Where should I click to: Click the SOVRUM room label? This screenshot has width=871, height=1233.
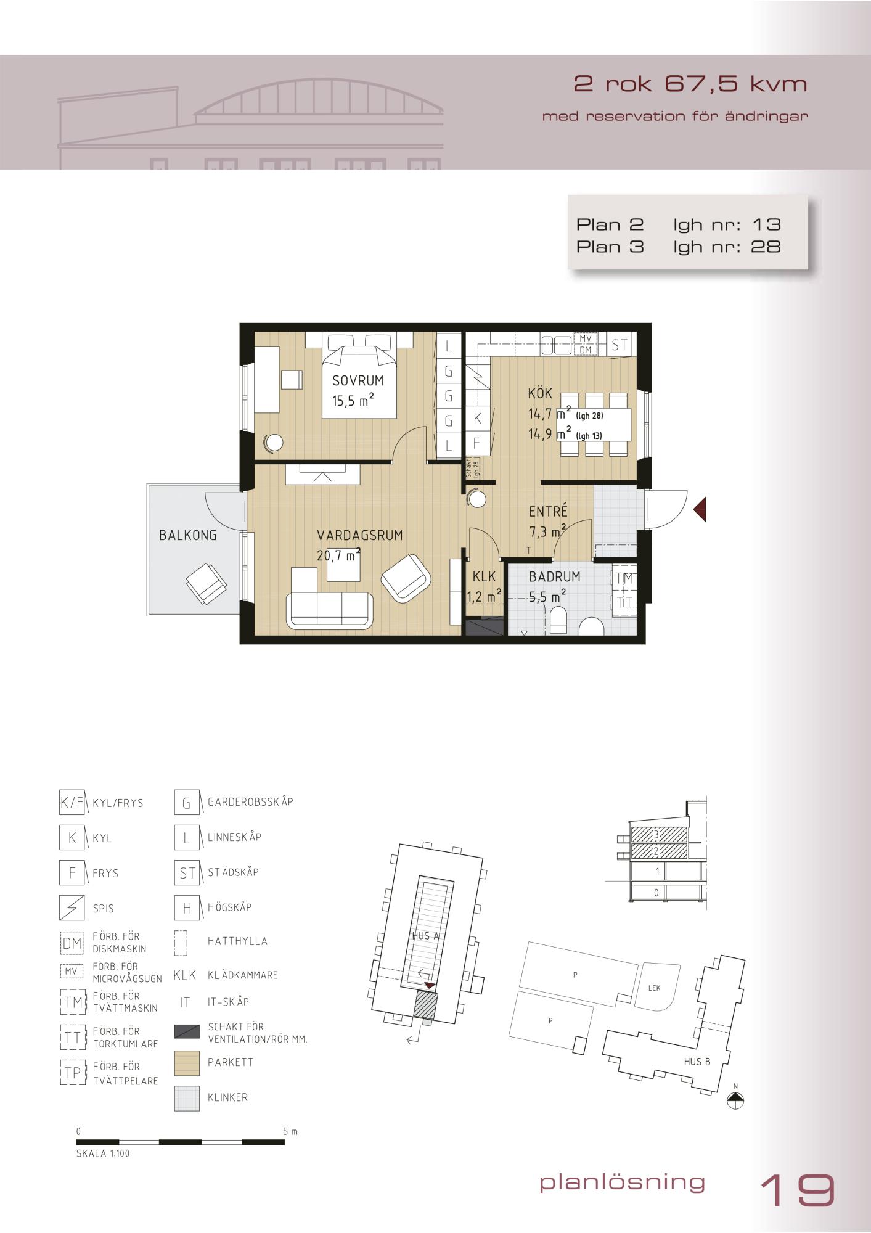point(358,380)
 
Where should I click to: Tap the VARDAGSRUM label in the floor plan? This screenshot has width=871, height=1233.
point(360,535)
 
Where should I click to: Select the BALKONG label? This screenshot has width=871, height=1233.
point(188,535)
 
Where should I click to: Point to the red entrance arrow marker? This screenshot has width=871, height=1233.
point(699,510)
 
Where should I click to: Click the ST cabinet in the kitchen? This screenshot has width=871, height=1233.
point(620,345)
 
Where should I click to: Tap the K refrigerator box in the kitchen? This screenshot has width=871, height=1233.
point(477,419)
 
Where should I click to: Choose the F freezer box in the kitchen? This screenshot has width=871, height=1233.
point(477,443)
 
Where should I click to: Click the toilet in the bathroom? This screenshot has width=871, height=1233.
point(558,620)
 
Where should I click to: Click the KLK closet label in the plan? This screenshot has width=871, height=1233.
point(485,576)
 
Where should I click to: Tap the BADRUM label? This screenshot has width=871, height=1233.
point(555,576)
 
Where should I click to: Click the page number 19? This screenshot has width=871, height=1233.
point(798,1190)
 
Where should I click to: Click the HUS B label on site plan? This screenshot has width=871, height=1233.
point(697,1061)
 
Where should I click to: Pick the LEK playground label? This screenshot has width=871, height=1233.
point(655,988)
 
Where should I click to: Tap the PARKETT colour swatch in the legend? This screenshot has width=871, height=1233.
point(187,1063)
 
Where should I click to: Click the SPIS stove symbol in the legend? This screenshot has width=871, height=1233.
point(72,908)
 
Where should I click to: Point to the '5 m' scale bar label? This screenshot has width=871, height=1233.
point(290,1132)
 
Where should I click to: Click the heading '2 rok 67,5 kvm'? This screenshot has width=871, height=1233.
point(690,84)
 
